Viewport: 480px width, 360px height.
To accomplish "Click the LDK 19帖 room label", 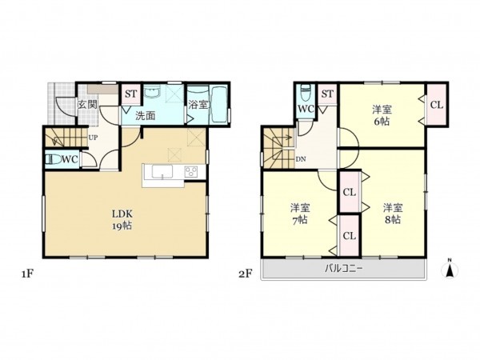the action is click(122, 220).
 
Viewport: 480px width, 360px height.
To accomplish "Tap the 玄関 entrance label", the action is click(87, 104).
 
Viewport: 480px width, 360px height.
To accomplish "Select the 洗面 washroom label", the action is click(146, 116).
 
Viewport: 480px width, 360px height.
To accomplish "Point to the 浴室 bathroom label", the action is click(198, 105).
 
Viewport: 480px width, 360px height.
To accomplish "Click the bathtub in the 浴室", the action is click(219, 105).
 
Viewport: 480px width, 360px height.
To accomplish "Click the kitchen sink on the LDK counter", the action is click(162, 171).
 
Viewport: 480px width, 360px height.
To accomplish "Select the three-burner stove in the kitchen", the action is click(192, 171).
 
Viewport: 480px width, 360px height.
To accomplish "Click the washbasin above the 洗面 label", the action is click(152, 92).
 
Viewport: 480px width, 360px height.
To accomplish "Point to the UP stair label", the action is click(93, 138).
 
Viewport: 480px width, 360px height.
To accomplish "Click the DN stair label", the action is click(301, 159).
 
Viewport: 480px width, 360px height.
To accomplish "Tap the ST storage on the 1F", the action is click(131, 94).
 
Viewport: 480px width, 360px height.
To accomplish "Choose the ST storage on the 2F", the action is click(327, 94).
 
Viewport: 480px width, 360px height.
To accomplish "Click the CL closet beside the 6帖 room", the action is click(437, 105).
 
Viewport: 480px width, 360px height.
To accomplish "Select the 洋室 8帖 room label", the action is click(393, 214).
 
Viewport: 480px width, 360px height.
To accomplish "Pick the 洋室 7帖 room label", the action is click(300, 214).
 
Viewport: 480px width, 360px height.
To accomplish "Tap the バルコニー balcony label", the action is click(343, 269).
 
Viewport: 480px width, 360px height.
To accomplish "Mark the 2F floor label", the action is click(246, 274).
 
